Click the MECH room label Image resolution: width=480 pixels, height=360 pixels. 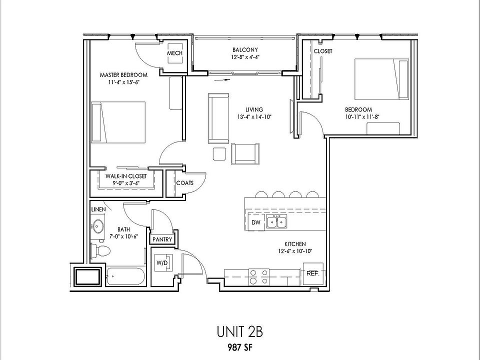pos(174,53)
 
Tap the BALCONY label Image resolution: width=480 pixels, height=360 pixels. pos(244,50)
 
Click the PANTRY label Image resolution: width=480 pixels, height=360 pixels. pos(162,239)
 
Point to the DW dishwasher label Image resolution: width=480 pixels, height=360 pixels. pos(255,222)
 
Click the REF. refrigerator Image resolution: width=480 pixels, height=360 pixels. pos(313,273)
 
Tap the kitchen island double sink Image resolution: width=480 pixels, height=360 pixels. pos(276,221)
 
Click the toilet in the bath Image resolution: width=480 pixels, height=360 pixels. pos(99,250)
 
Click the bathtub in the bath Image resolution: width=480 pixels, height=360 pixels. pos(125,276)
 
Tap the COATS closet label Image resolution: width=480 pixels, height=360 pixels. pos(185,182)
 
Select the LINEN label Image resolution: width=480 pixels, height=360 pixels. pos(98,208)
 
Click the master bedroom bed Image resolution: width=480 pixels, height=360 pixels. pos(118,122)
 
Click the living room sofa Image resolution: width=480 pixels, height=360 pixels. pos(218,118)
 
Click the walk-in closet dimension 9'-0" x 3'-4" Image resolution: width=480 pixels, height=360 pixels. pos(127,184)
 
